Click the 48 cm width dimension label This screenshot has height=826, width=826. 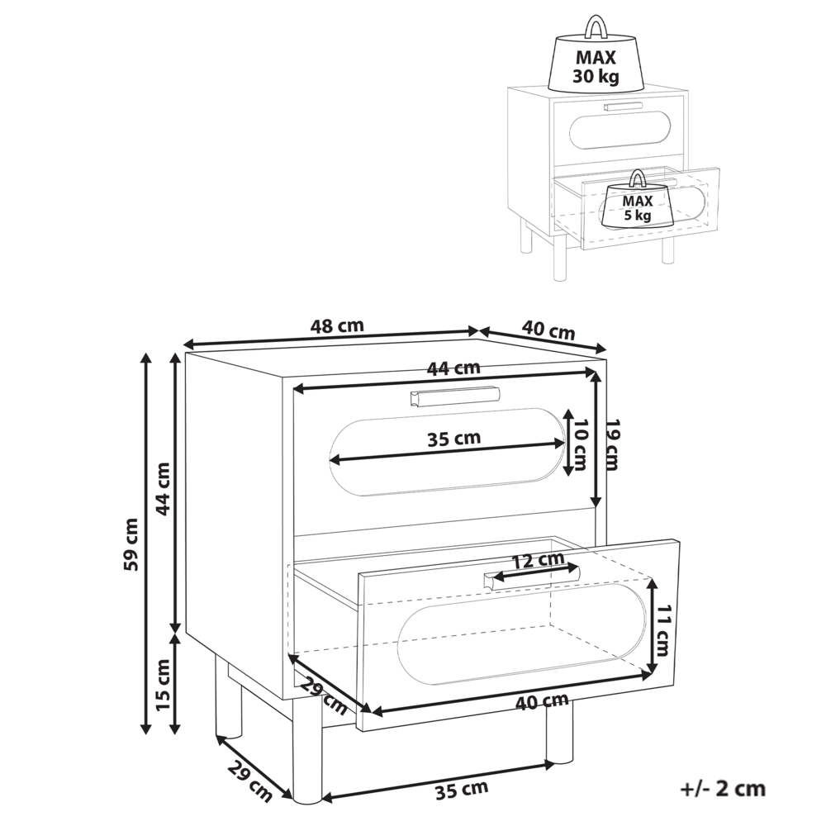coord(337,326)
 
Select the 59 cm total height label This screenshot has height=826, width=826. coord(131,544)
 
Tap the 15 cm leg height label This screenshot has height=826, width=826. coord(164,684)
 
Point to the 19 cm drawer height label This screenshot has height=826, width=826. coord(611,444)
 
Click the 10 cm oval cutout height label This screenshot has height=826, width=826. coord(581,445)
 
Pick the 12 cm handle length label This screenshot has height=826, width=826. coord(539,559)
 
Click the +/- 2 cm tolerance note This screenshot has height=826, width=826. coord(723,789)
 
